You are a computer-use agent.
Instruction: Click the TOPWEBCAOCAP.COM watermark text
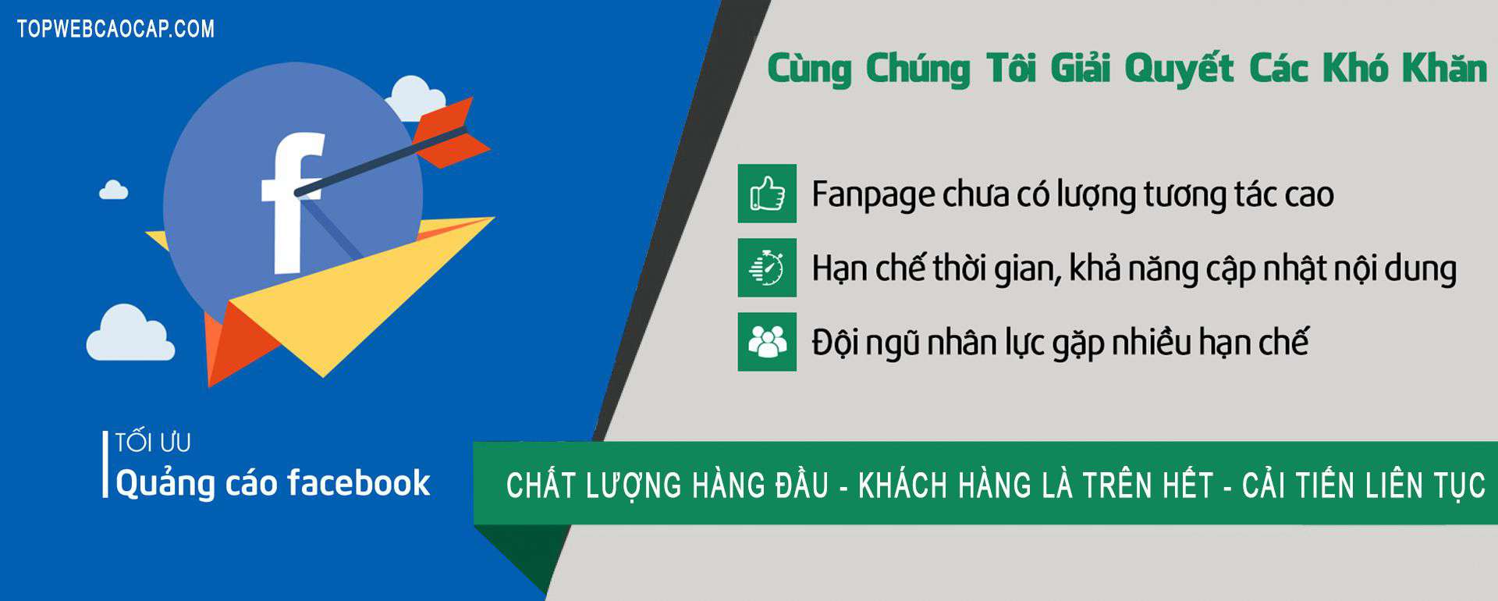(115, 29)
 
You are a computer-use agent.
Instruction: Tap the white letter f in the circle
(290, 203)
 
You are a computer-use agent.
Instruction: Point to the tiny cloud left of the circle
(114, 190)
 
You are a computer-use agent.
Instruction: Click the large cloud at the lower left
(130, 333)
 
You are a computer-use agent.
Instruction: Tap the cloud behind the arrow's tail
(416, 98)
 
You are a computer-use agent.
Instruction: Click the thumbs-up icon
(767, 194)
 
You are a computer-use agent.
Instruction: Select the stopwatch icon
(767, 268)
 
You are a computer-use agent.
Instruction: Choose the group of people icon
(767, 342)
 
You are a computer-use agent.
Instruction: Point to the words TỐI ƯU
(153, 443)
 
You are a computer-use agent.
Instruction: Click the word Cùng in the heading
(809, 69)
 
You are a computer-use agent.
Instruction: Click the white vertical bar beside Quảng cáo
(105, 464)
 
